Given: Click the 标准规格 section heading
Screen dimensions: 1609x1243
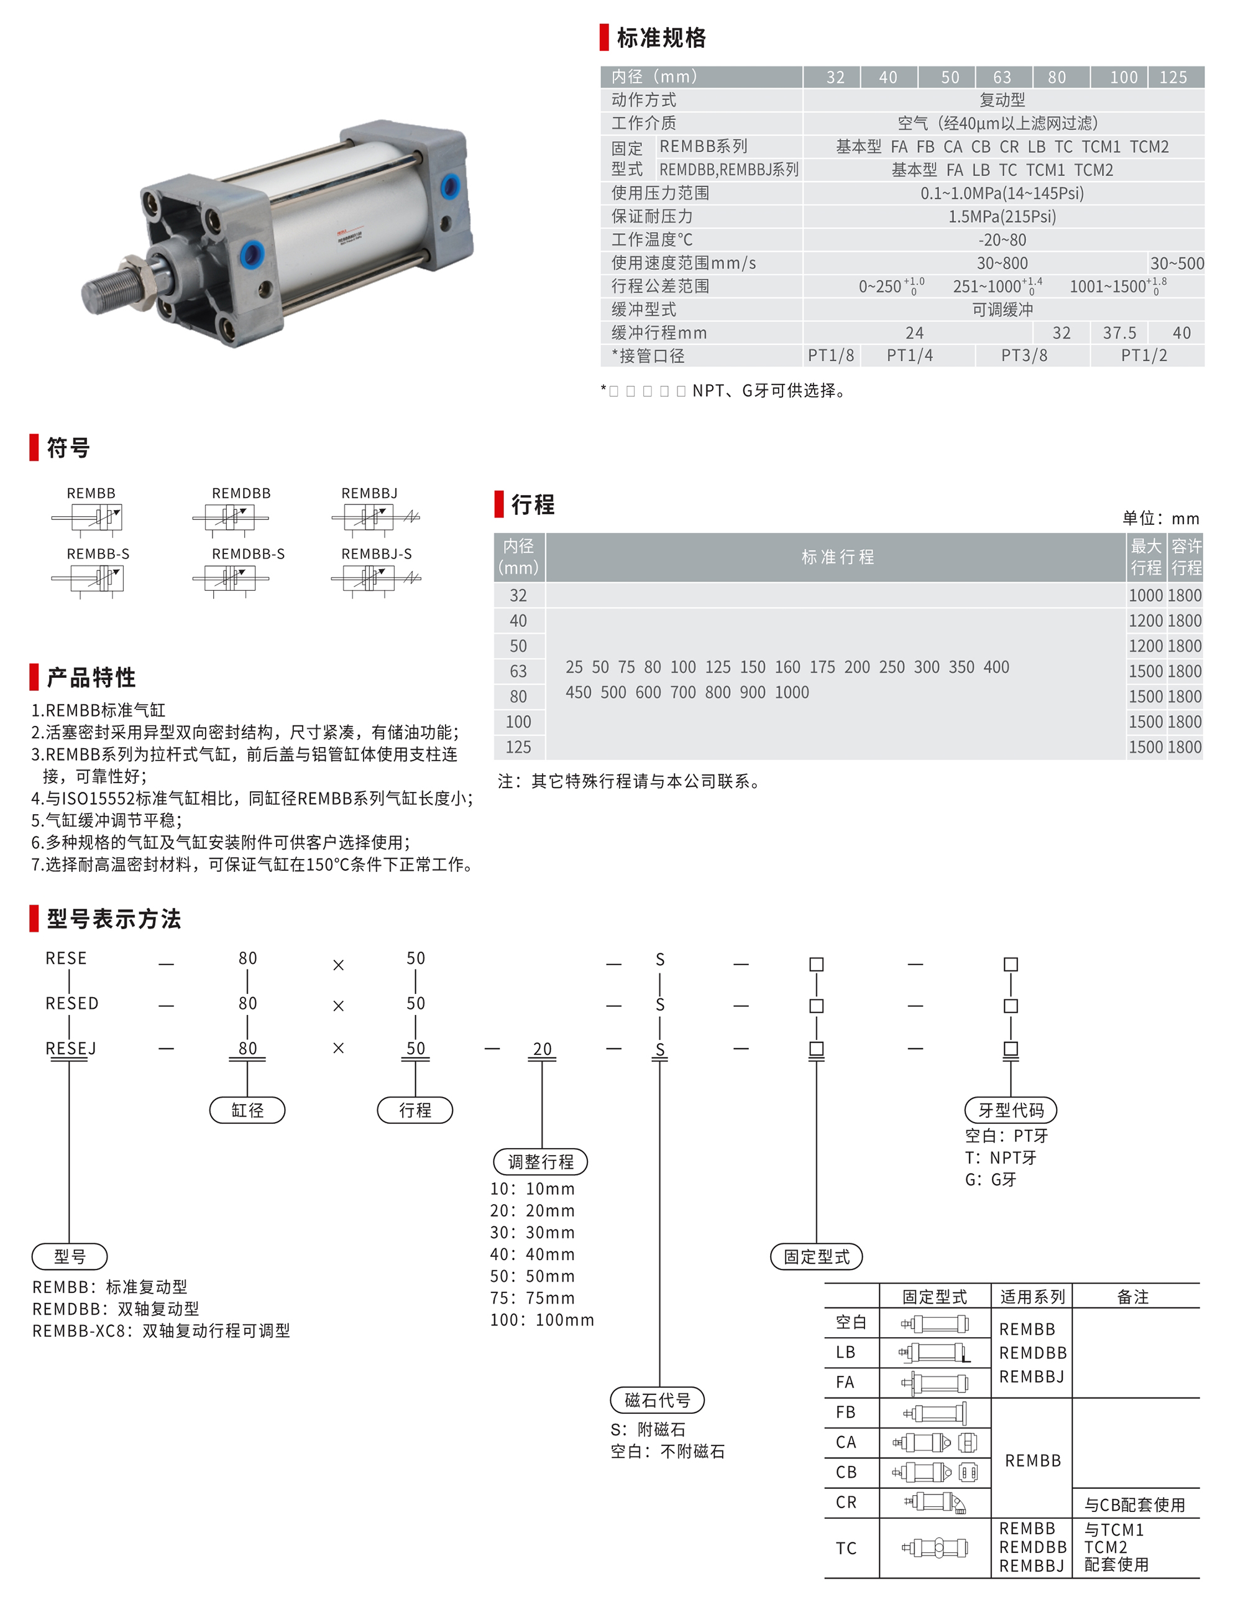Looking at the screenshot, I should click(661, 37).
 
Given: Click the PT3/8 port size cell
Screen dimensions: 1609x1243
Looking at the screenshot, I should click(1024, 356).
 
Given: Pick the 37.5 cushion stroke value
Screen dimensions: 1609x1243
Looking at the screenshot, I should click(1119, 333).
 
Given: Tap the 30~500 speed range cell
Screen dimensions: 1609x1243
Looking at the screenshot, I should click(1176, 263).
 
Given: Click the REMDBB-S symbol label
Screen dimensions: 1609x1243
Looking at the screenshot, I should click(248, 554).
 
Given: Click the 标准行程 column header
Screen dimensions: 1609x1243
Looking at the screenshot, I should click(837, 557).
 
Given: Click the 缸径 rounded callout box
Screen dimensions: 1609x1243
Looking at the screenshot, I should click(247, 1110).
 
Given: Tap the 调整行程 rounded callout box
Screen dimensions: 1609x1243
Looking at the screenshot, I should click(541, 1162).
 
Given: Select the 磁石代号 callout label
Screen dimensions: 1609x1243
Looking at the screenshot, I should click(657, 1400).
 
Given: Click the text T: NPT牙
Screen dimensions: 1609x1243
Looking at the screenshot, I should click(1000, 1157).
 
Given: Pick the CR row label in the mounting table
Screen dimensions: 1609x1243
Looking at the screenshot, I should click(845, 1502).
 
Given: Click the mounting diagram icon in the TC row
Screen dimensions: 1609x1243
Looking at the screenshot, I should click(935, 1548).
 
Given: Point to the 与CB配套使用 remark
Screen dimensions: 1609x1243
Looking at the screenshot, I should click(1134, 1505).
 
